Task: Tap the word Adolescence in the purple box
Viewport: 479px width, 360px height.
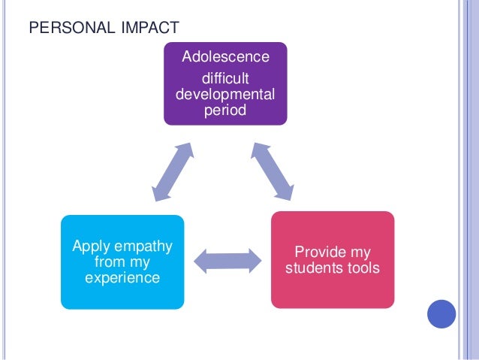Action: [226, 57]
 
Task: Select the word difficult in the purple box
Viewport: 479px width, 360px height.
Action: [226, 78]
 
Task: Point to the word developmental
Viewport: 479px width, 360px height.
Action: [226, 95]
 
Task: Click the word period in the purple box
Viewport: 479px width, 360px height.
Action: [226, 111]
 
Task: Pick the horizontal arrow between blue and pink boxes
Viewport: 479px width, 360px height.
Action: [227, 261]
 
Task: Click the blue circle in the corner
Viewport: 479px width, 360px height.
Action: [441, 314]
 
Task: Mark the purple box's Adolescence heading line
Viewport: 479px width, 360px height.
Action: [226, 57]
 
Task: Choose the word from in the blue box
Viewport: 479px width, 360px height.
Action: [109, 262]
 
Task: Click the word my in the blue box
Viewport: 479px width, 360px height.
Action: [140, 262]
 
